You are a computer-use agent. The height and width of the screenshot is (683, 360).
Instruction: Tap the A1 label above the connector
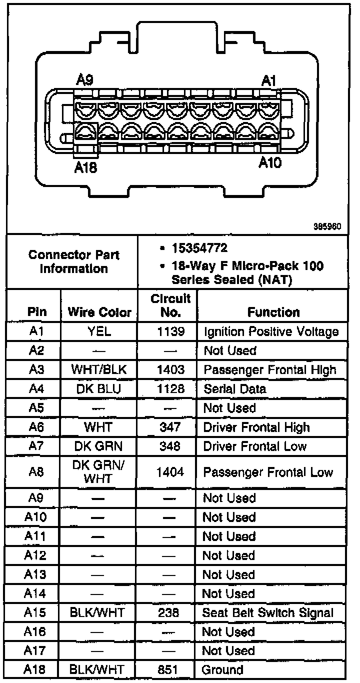pos(270,80)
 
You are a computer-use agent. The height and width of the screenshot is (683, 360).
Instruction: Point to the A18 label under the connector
pos(85,168)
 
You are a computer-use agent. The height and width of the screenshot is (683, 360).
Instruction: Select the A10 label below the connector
pos(270,162)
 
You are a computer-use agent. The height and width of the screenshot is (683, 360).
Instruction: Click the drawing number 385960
pos(327,226)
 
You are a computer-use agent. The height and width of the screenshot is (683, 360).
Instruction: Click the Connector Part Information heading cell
pos(73,261)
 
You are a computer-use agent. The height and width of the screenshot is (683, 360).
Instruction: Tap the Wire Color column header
pos(99,313)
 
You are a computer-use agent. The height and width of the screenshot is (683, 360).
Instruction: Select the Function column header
pos(273,312)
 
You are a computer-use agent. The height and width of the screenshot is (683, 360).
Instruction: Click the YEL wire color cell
pos(99,331)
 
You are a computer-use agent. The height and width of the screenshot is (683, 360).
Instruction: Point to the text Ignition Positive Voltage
pos(271,331)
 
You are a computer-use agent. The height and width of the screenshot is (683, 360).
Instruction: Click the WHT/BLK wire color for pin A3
pos(99,370)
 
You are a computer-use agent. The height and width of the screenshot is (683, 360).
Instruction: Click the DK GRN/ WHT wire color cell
pos(99,471)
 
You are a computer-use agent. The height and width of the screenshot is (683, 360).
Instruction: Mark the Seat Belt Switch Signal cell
pos(267,612)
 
